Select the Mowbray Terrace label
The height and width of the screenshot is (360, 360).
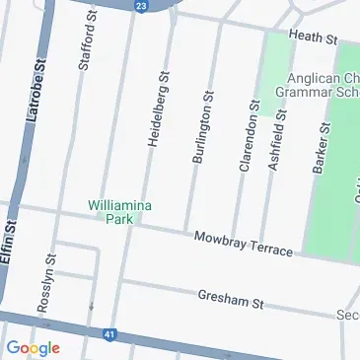[x=243, y=245]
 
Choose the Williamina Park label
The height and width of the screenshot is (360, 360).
[x=118, y=212]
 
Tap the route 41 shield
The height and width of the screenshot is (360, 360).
[x=109, y=335]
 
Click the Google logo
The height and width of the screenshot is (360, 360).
[x=33, y=347]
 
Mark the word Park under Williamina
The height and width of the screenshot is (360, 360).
[x=119, y=220]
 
